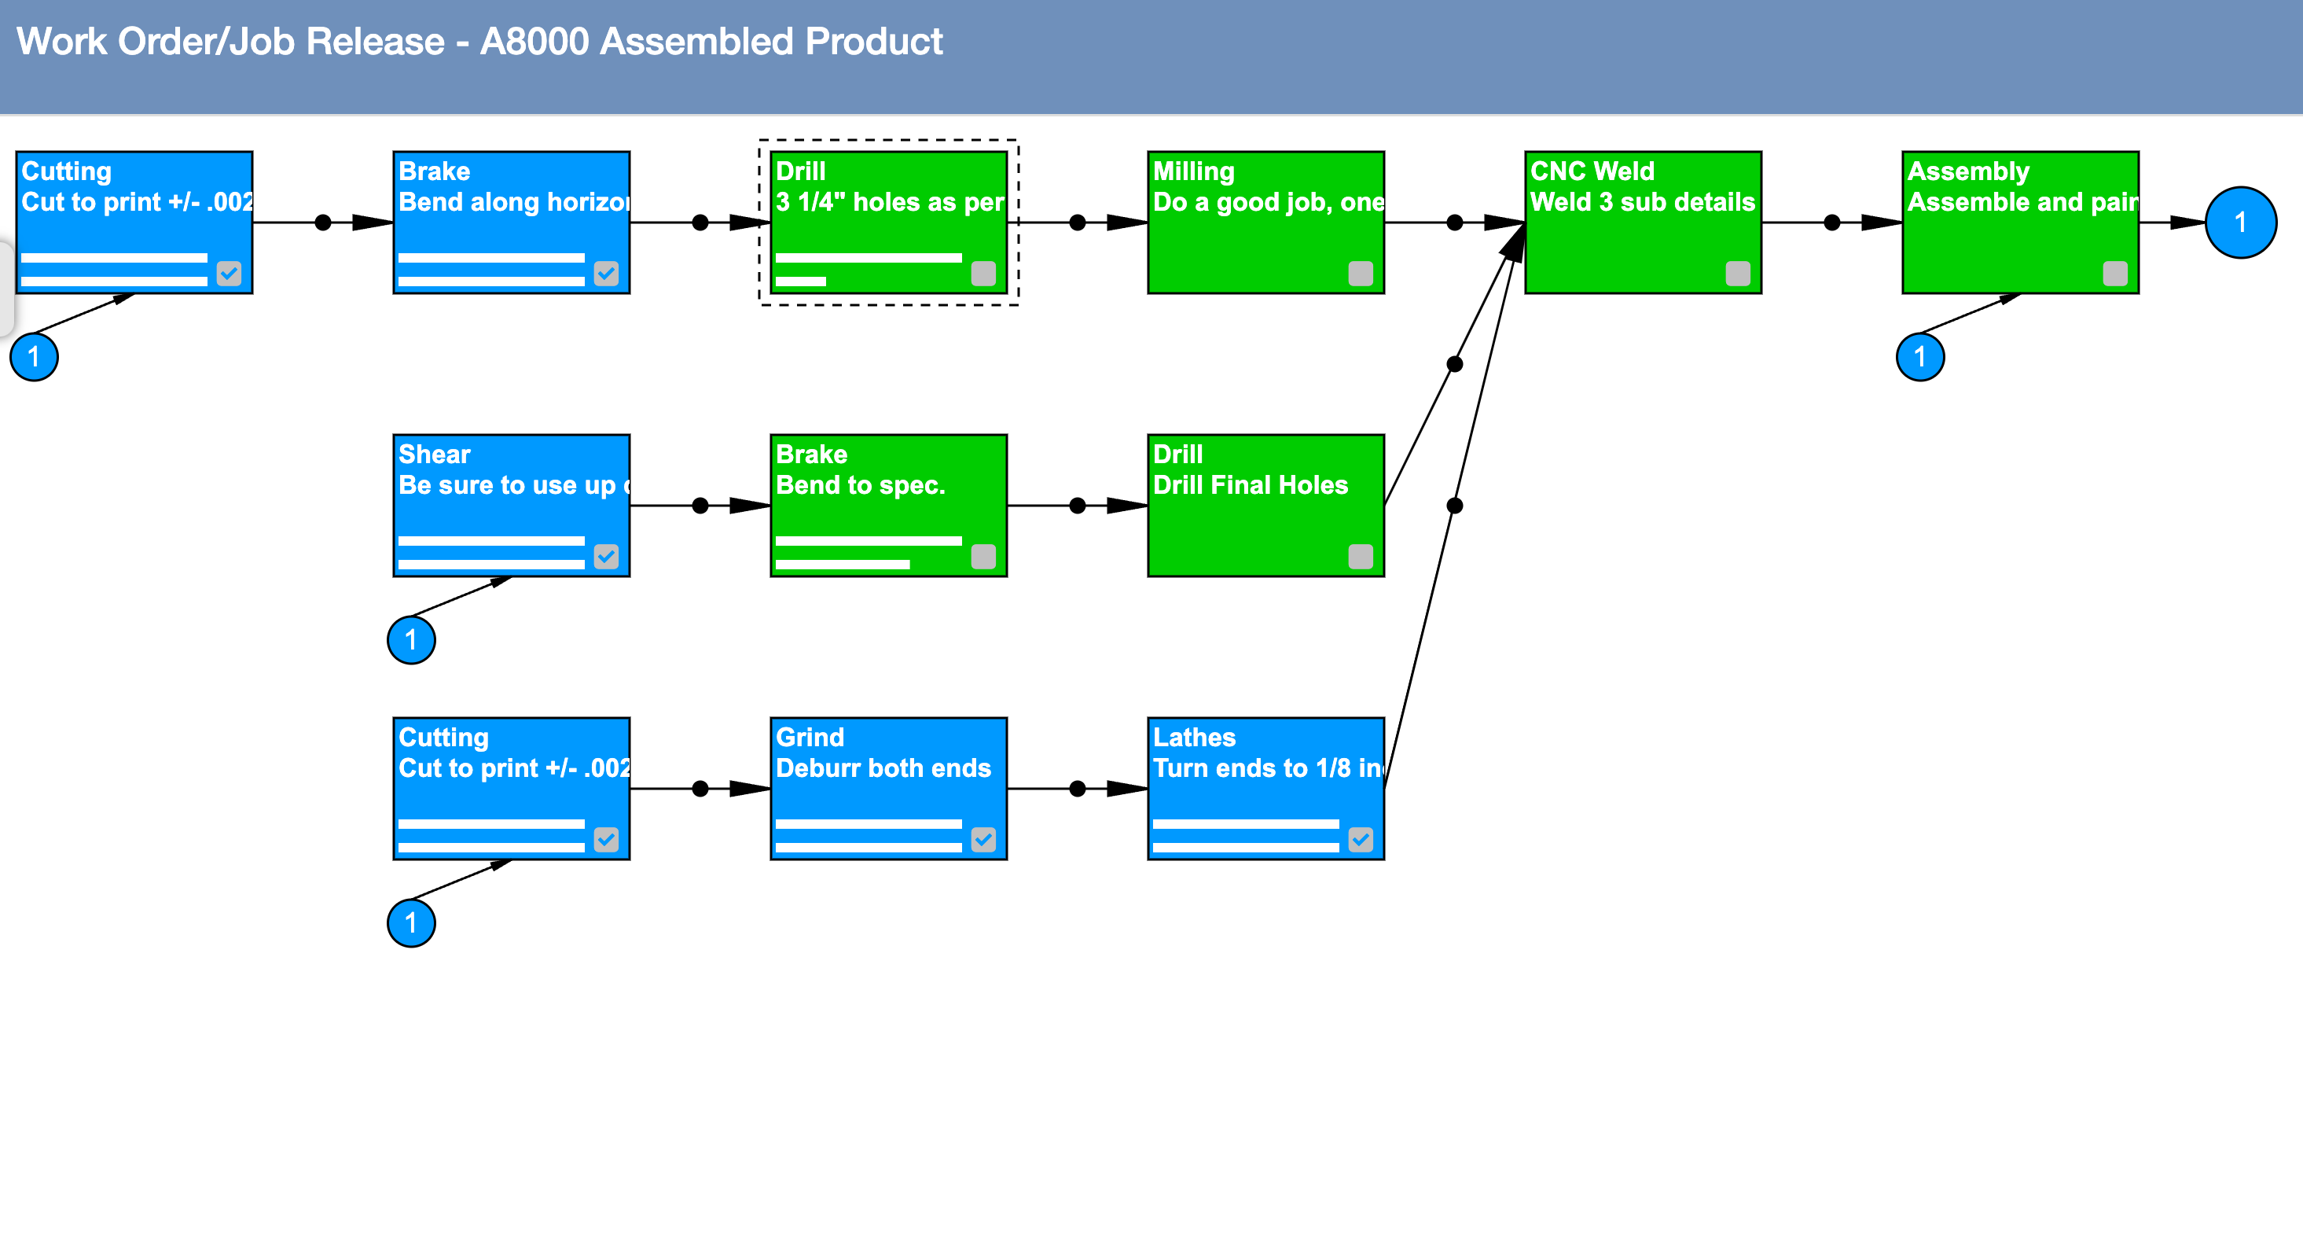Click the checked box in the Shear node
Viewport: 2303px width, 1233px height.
606,556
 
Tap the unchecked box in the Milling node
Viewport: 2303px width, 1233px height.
1360,273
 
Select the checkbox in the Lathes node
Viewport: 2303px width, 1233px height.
1360,839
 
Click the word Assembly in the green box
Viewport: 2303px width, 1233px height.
1967,171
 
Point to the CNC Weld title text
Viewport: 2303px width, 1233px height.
1592,171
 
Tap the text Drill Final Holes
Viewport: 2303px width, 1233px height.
1250,484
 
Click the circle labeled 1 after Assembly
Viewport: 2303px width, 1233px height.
2239,223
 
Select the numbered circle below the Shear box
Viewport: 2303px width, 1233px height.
411,639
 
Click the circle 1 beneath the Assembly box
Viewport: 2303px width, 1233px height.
1919,357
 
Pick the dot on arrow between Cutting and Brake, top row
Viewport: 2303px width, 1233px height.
323,223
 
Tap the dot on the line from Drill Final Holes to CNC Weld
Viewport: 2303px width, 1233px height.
1455,364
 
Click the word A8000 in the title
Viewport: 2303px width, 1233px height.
534,42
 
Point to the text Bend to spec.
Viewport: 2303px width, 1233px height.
860,484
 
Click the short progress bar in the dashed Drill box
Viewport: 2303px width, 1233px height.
800,282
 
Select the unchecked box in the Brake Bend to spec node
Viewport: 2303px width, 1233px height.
983,556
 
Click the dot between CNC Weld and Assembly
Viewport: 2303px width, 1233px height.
1832,223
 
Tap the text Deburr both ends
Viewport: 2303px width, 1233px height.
883,768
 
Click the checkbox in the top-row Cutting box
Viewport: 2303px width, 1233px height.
229,273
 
